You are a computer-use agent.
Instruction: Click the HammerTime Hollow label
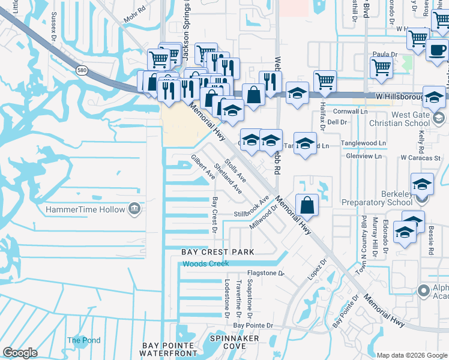[84, 209]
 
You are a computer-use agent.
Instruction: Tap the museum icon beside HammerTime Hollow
[134, 209]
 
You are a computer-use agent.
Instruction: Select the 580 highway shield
[80, 71]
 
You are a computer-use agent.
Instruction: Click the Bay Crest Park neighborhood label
[218, 252]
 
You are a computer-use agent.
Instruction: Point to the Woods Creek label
[206, 264]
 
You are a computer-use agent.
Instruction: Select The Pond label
[84, 340]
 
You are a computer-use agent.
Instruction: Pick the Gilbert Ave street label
[203, 167]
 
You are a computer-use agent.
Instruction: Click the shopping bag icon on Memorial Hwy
[307, 205]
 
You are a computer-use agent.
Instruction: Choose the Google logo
[20, 353]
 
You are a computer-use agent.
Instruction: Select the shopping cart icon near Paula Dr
[381, 68]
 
